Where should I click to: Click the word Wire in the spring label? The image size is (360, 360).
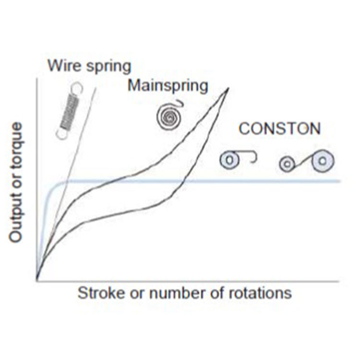point(62,65)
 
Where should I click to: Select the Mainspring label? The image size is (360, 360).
point(168,86)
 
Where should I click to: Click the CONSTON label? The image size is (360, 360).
point(280,129)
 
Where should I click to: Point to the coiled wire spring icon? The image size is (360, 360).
point(69,111)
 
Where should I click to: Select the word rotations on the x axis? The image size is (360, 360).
point(259,292)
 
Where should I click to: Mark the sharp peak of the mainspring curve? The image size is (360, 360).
point(228,88)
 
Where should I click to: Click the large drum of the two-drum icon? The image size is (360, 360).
point(323,160)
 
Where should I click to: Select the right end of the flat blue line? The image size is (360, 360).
point(339,181)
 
